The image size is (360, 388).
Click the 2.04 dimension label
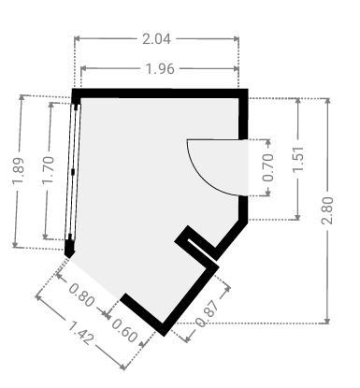point(156,39)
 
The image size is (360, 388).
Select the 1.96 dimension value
point(160,68)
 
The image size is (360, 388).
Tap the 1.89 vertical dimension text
point(18,171)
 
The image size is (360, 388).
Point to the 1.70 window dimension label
point(49,170)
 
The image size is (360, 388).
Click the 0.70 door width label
point(268,167)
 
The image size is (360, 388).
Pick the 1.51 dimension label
point(298,159)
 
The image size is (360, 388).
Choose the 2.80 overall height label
point(327,210)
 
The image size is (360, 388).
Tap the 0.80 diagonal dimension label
point(81,295)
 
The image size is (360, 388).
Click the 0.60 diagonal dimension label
point(124,330)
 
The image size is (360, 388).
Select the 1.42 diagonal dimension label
point(80,334)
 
